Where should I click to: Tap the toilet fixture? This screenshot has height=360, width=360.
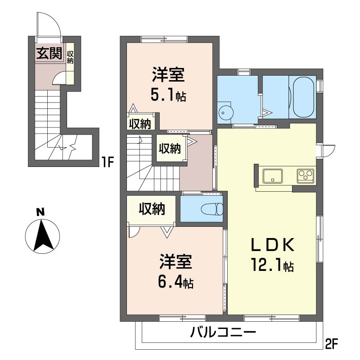pos(211,209)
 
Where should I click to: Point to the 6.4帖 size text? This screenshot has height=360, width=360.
pos(175,283)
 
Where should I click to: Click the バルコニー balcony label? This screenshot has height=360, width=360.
pos(223,333)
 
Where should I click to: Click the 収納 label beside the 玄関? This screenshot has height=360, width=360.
pos(70,58)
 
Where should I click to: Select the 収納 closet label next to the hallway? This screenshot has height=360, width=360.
pos(170,148)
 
